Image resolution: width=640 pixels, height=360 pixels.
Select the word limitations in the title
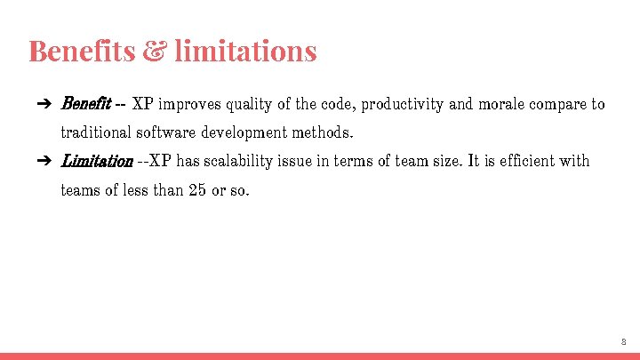pyautogui.click(x=245, y=51)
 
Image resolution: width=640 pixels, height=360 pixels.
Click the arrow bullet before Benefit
pyautogui.click(x=43, y=105)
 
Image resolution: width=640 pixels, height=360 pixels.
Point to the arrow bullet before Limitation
pyautogui.click(x=43, y=162)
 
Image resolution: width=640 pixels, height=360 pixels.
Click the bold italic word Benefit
pyautogui.click(x=84, y=104)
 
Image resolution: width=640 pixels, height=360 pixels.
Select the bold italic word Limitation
pyautogui.click(x=96, y=162)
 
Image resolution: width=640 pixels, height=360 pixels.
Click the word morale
pyautogui.click(x=501, y=105)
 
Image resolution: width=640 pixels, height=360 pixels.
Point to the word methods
pyautogui.click(x=326, y=133)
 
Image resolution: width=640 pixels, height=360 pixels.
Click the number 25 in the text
pyautogui.click(x=198, y=190)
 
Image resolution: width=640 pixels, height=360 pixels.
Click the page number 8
pyautogui.click(x=623, y=341)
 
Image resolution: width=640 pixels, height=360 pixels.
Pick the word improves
pyautogui.click(x=188, y=105)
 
